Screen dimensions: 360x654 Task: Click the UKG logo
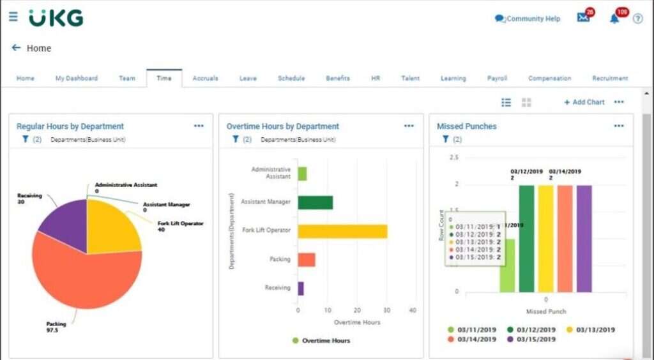pyautogui.click(x=56, y=18)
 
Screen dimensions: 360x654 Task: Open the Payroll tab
pyautogui.click(x=497, y=79)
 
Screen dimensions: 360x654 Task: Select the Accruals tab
pyautogui.click(x=205, y=79)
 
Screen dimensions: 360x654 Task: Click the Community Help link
pyautogui.click(x=528, y=19)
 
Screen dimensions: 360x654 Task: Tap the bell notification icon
pyautogui.click(x=614, y=19)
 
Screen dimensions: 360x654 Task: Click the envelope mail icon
pyautogui.click(x=582, y=18)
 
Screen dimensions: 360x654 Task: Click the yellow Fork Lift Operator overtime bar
pyautogui.click(x=342, y=230)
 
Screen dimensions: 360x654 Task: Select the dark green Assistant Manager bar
pyautogui.click(x=315, y=202)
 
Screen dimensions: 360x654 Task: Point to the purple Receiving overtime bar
pyautogui.click(x=301, y=289)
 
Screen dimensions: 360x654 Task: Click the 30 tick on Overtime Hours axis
pyautogui.click(x=386, y=310)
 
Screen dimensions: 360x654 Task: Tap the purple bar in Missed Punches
pyautogui.click(x=584, y=237)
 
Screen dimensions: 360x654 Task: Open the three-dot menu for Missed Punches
pyautogui.click(x=618, y=126)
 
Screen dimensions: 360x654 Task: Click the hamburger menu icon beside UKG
pyautogui.click(x=13, y=17)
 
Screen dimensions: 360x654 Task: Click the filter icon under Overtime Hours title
pyautogui.click(x=235, y=139)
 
